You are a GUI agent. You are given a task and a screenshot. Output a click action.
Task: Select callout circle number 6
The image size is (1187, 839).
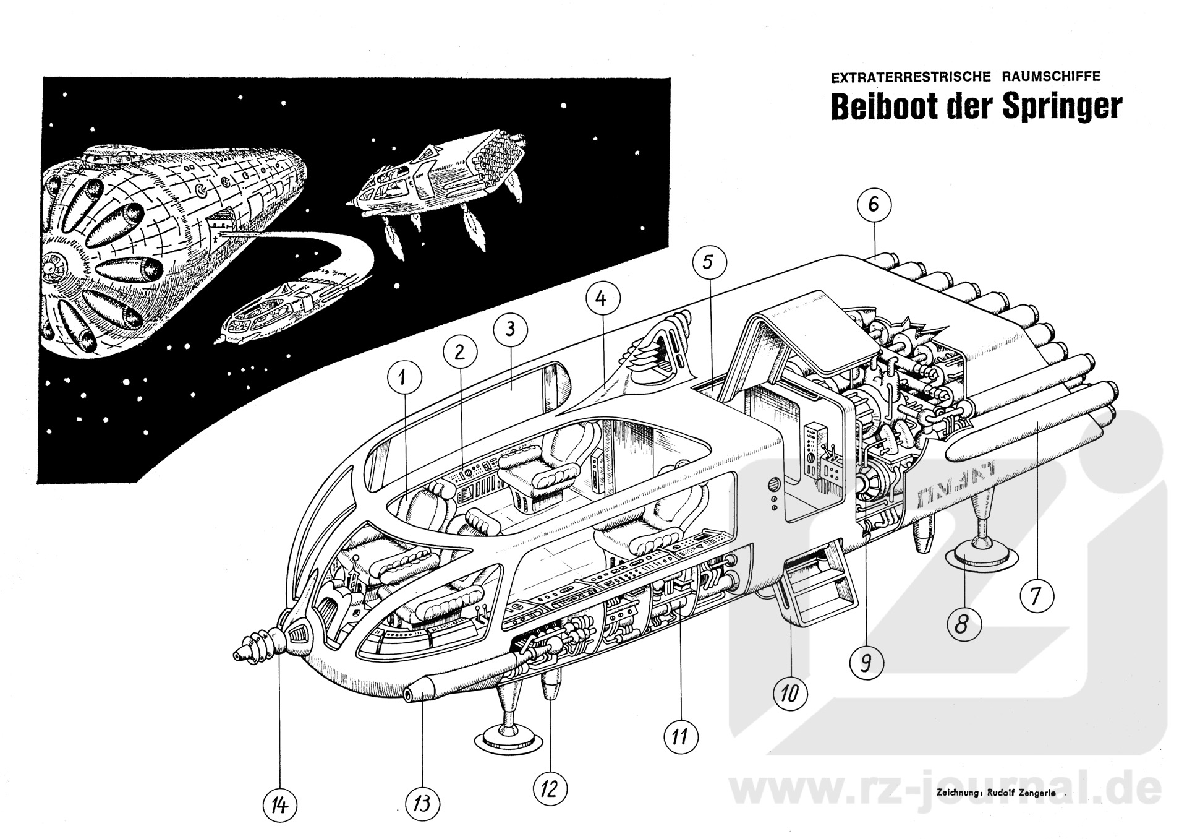(x=874, y=205)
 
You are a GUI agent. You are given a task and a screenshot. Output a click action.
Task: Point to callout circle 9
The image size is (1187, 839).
(x=866, y=663)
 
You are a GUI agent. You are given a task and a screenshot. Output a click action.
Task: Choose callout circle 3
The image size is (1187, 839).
(x=510, y=330)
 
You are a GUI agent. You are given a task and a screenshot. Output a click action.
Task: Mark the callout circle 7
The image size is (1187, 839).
(x=1036, y=596)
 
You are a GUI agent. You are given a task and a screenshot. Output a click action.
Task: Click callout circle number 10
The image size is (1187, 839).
(x=789, y=693)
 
